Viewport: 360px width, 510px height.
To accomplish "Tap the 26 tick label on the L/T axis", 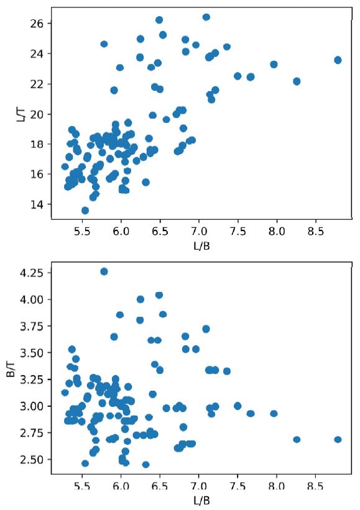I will click(35, 24).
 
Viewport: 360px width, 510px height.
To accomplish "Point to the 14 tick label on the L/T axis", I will click(35, 204).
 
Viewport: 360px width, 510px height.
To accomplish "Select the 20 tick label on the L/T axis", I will click(35, 114).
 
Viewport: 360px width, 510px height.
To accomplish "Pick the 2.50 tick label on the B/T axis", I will click(30, 460).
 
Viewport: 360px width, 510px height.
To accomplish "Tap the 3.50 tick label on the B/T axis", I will click(30, 353).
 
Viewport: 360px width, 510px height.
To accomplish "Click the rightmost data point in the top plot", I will click(338, 60).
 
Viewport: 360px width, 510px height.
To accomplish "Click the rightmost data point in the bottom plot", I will click(338, 439).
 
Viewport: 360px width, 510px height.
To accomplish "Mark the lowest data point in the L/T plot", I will click(85, 211).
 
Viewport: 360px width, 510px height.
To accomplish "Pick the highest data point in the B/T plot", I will click(104, 271).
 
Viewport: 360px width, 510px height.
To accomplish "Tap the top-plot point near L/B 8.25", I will click(297, 81).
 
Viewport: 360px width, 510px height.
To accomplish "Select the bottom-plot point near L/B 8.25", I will click(297, 439).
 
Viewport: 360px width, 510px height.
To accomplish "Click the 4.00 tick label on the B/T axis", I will click(30, 299).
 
